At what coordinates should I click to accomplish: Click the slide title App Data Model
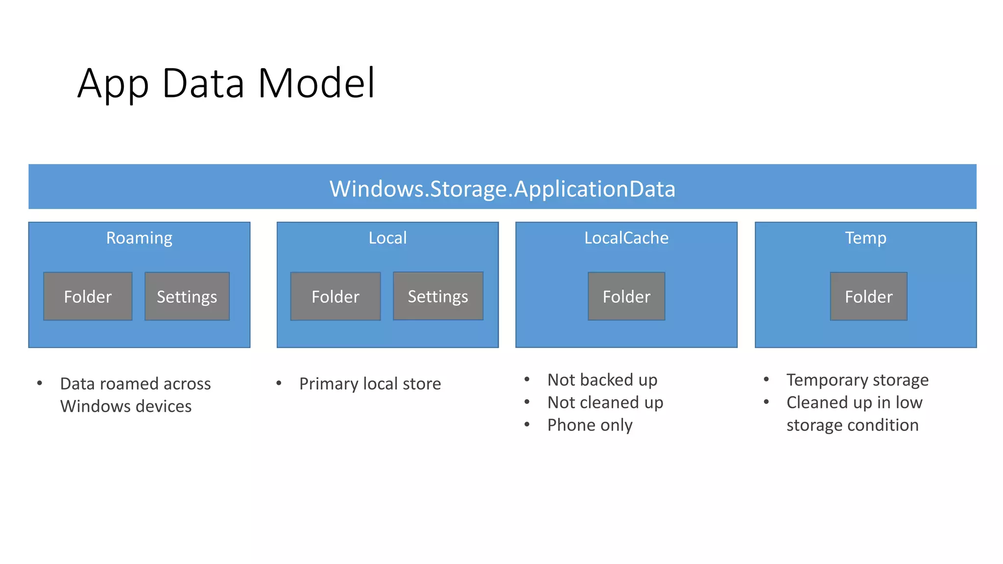(x=226, y=83)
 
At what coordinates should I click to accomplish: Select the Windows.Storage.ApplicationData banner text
(x=502, y=188)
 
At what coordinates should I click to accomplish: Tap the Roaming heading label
(x=139, y=238)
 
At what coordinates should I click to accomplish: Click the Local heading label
(x=387, y=238)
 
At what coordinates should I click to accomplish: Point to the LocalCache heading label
(x=626, y=238)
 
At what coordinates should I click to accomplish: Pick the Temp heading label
(x=865, y=238)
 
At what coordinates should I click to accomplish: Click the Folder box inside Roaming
(x=88, y=297)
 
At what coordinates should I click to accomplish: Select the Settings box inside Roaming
(x=187, y=297)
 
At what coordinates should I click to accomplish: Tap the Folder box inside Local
(x=335, y=297)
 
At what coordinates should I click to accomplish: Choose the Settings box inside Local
(x=438, y=296)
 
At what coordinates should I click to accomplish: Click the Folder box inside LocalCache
(x=626, y=297)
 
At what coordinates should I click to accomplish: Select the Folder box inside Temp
(x=868, y=297)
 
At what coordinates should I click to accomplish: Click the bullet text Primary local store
(x=370, y=384)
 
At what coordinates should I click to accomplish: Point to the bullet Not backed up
(x=602, y=380)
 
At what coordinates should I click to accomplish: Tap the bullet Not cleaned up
(x=605, y=402)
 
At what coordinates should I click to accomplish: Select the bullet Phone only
(x=590, y=425)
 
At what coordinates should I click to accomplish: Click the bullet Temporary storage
(x=857, y=380)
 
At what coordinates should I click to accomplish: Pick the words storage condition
(x=852, y=425)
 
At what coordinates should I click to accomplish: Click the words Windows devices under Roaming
(x=126, y=406)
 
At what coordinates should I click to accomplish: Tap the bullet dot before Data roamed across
(x=40, y=383)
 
